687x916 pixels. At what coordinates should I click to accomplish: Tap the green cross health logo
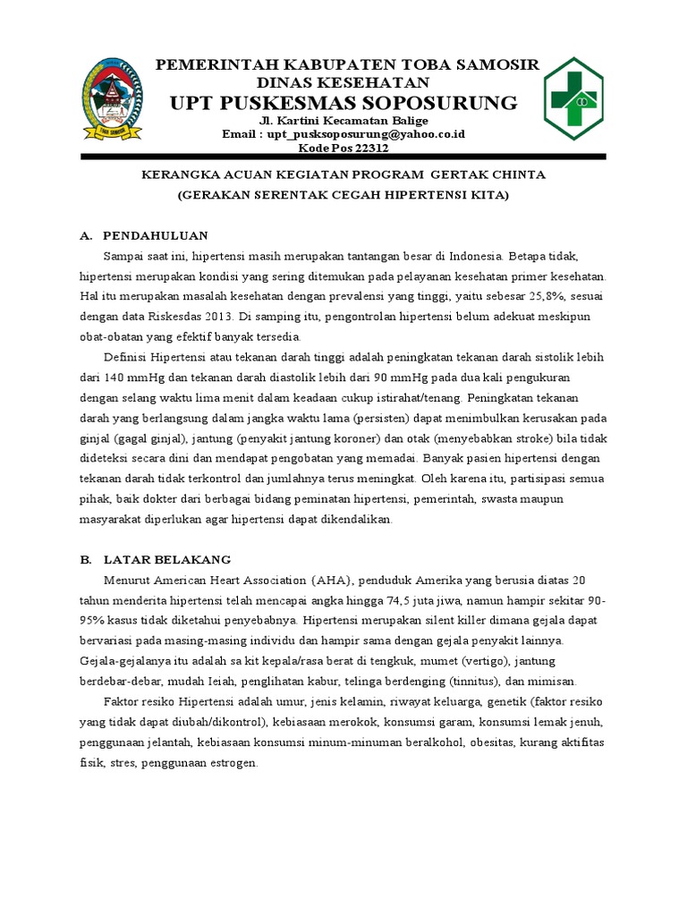pos(575,98)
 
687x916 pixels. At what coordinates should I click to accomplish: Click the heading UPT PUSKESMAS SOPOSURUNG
pos(343,103)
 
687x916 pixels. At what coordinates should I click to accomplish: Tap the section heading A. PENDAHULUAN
pos(144,235)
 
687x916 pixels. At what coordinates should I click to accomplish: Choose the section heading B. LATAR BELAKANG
pos(156,559)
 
